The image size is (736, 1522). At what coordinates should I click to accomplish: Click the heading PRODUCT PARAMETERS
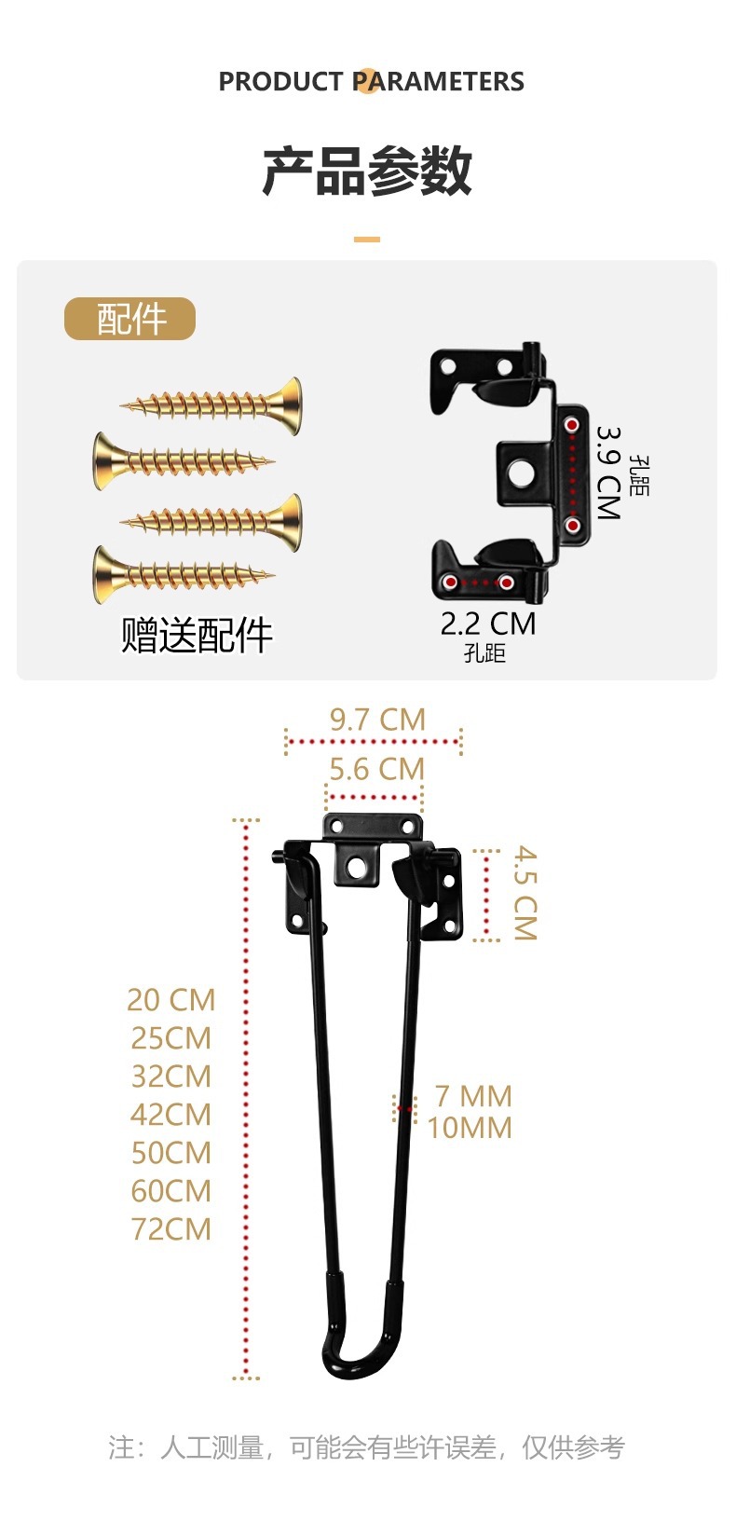point(371,82)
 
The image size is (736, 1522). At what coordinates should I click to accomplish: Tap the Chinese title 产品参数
point(367,171)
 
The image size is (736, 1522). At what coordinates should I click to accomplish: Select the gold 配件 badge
point(129,319)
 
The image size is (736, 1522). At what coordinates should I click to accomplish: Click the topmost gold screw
point(212,404)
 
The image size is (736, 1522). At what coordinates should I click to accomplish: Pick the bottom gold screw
point(183,574)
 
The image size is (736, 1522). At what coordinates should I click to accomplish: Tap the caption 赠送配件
point(197,636)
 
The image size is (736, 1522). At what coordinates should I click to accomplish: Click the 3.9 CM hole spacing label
point(608,473)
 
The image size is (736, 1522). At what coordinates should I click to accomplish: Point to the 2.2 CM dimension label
point(487,624)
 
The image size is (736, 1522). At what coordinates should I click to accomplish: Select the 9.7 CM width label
point(377,720)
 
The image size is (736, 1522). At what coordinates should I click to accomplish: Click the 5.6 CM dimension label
point(376,769)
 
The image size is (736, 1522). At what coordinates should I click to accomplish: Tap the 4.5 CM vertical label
point(526,893)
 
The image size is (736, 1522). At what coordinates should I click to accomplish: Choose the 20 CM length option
point(171,1000)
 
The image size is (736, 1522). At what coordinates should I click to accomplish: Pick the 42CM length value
point(171,1115)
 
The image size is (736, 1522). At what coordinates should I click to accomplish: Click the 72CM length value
point(171,1229)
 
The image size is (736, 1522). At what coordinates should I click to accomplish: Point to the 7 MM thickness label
point(473,1096)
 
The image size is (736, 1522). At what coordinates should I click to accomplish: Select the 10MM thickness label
point(470,1128)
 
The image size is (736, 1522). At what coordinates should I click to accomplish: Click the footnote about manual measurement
point(366,1447)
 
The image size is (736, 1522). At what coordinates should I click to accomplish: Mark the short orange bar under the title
point(367,240)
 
